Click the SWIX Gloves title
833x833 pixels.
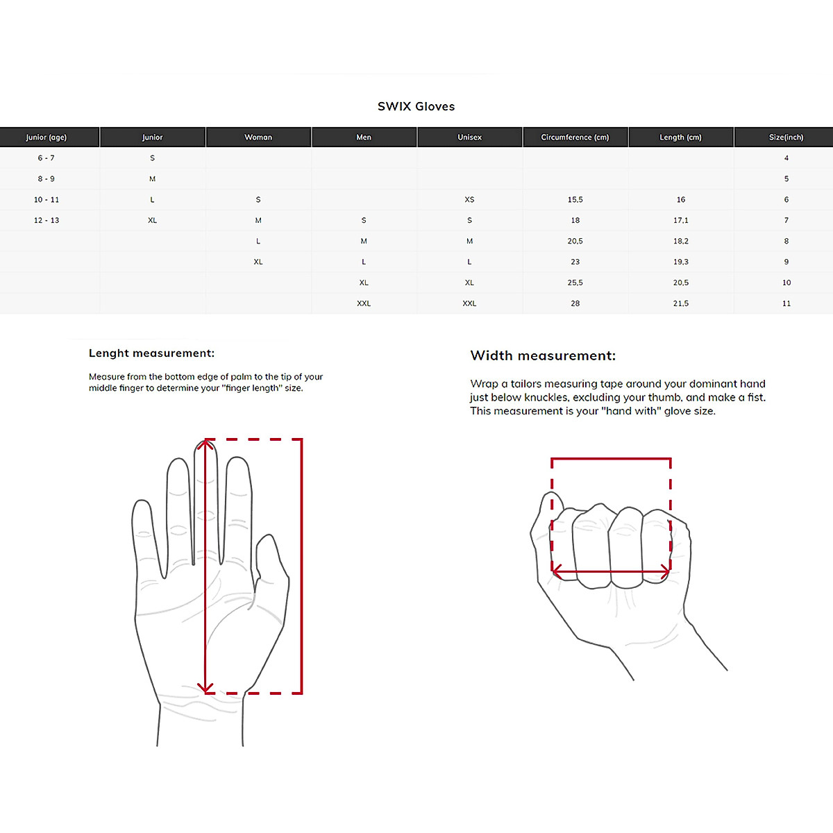click(416, 106)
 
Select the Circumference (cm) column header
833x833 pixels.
click(575, 137)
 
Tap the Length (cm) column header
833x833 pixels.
click(680, 137)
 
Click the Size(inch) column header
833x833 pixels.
click(786, 137)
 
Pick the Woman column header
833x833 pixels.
click(258, 137)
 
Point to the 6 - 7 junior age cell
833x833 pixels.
click(47, 158)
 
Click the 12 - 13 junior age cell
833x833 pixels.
click(47, 221)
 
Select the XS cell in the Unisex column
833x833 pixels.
click(469, 200)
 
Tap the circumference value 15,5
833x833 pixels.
click(575, 200)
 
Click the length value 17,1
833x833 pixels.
click(680, 221)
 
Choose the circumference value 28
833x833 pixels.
click(575, 304)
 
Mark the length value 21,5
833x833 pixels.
click(680, 304)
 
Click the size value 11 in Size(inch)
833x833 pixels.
click(786, 304)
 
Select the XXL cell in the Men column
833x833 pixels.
click(364, 304)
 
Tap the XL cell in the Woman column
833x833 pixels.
click(258, 262)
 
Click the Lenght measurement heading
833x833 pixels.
click(151, 353)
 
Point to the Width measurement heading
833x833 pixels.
click(543, 356)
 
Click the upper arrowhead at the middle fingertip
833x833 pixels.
click(205, 444)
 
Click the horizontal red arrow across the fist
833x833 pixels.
click(611, 572)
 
